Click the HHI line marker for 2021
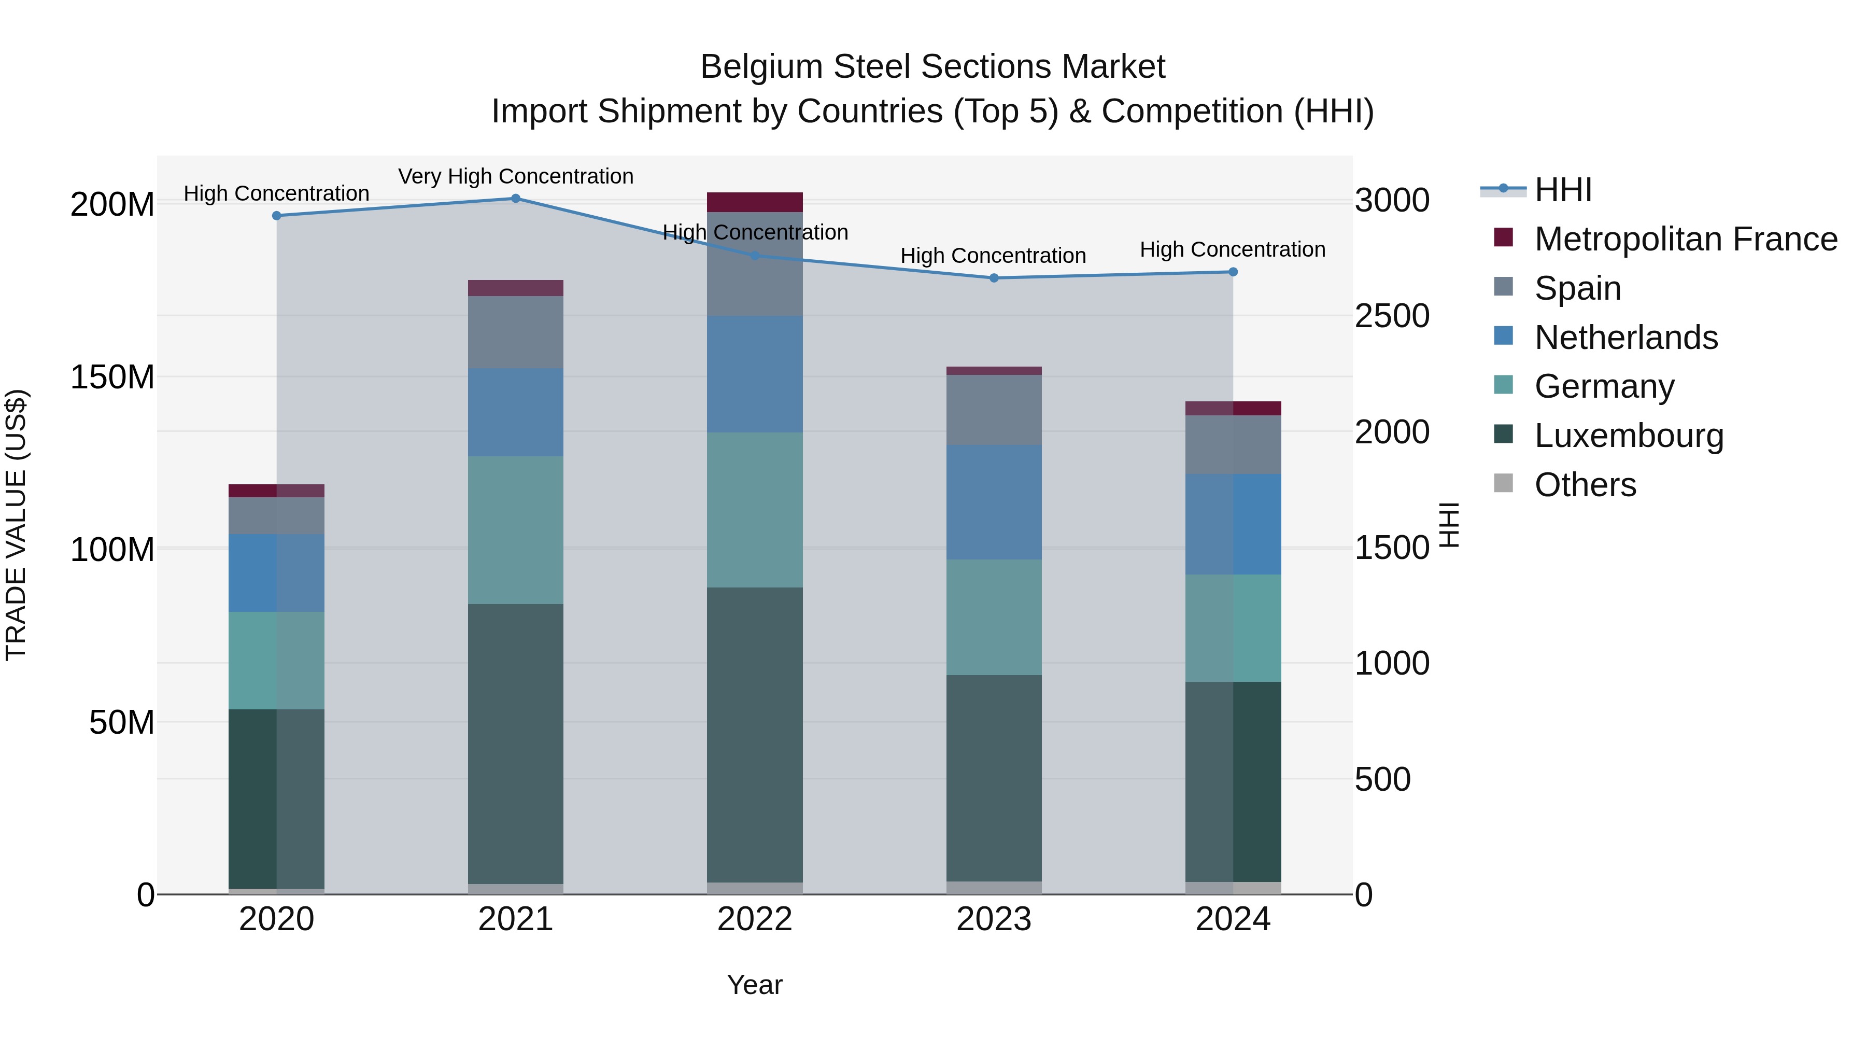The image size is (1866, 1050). point(516,199)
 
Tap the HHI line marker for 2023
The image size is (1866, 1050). point(994,278)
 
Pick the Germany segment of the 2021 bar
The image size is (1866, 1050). point(516,530)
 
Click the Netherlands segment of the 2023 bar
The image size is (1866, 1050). point(994,502)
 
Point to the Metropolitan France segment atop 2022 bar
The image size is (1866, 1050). point(755,202)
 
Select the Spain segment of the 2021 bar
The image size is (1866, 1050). point(516,332)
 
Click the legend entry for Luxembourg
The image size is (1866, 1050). point(1629,436)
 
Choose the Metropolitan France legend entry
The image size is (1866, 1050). point(1685,239)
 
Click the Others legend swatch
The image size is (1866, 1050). point(1504,483)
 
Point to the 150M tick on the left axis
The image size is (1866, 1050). point(112,377)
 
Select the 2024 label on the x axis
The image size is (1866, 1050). point(1233,919)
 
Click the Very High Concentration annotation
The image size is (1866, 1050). point(516,176)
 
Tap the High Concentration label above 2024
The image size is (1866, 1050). point(1233,249)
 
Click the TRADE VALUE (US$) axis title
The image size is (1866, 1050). point(16,525)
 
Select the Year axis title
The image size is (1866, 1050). point(755,985)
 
